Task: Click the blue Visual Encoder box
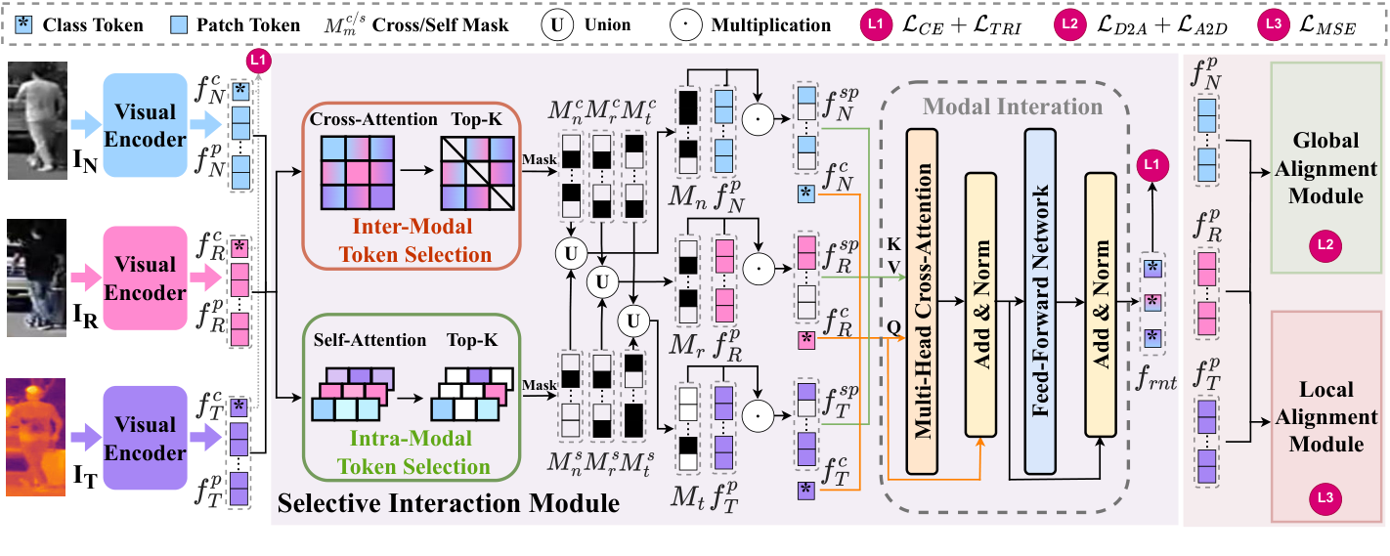pos(145,125)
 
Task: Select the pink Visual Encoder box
pos(145,278)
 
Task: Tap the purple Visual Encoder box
pos(145,439)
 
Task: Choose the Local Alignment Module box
pos(1325,416)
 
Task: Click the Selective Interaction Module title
pos(449,504)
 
